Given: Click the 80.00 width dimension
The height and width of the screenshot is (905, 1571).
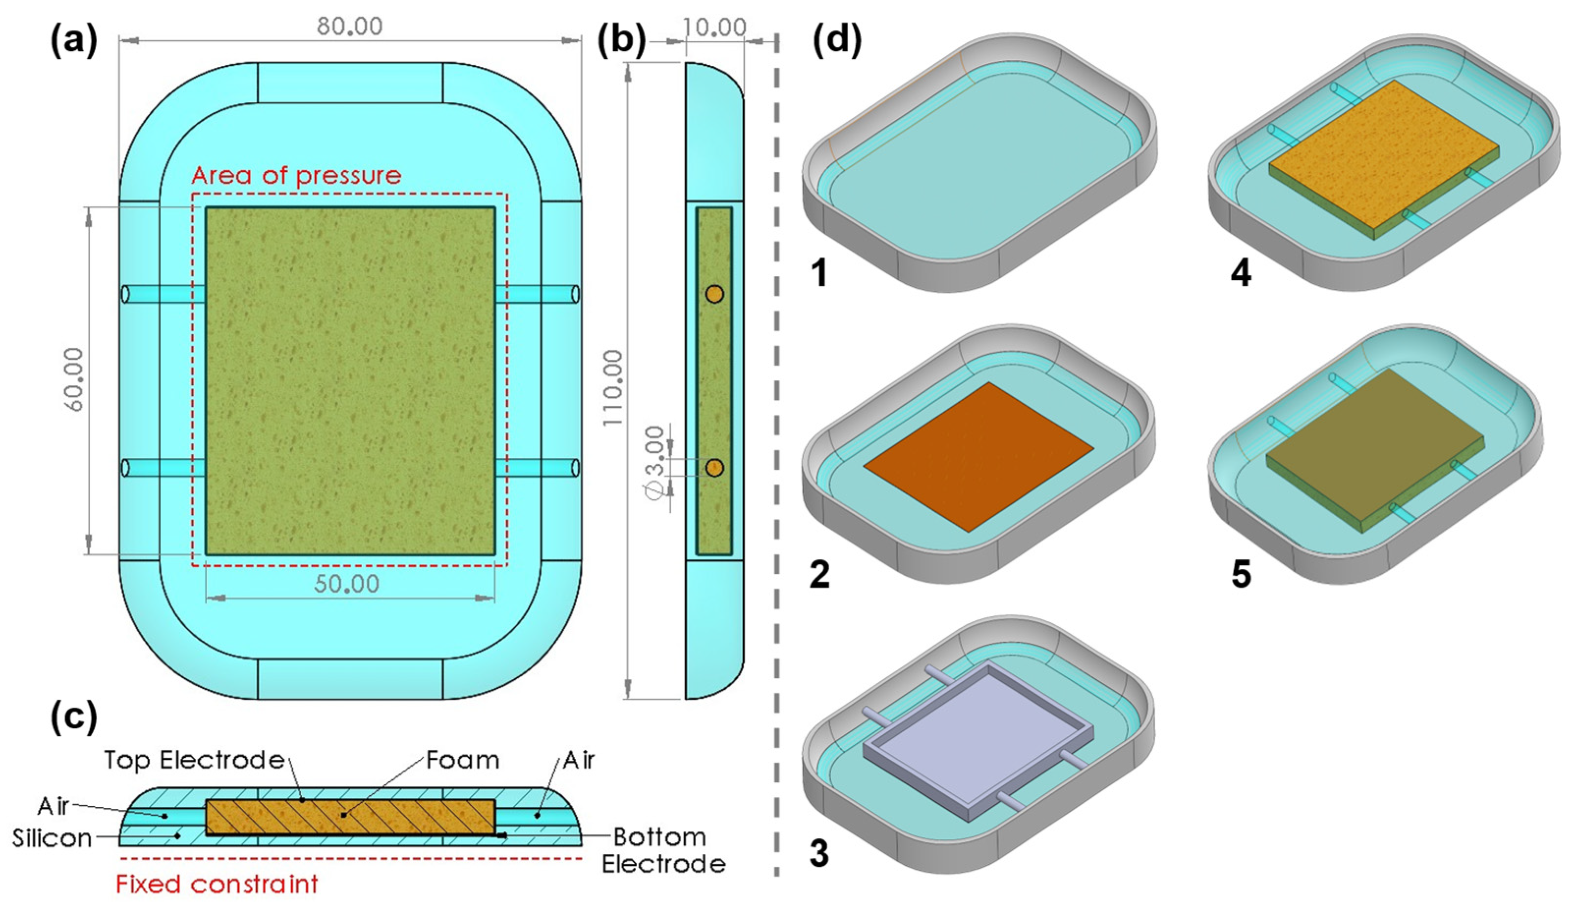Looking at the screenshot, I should coord(350,26).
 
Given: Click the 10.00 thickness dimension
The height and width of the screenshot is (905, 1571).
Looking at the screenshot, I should coord(714,27).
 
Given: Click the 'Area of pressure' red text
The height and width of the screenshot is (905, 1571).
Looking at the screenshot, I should coord(297,176).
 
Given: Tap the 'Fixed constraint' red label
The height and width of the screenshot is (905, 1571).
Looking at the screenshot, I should coord(217,883).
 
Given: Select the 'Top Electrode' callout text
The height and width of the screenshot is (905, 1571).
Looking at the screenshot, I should coord(194,760).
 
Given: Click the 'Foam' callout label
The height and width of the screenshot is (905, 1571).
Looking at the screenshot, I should coord(462,760).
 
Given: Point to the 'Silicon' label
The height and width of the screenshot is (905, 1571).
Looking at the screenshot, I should coord(52,838).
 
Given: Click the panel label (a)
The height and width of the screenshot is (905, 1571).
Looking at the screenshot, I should coord(74,42).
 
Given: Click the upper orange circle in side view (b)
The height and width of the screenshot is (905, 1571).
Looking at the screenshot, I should coord(714,294).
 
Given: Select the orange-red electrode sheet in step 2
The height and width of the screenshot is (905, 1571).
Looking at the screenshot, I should coord(977,457).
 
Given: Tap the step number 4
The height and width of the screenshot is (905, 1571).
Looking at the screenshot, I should coord(1241,273).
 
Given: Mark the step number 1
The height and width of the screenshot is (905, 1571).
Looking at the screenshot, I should coord(820,273).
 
